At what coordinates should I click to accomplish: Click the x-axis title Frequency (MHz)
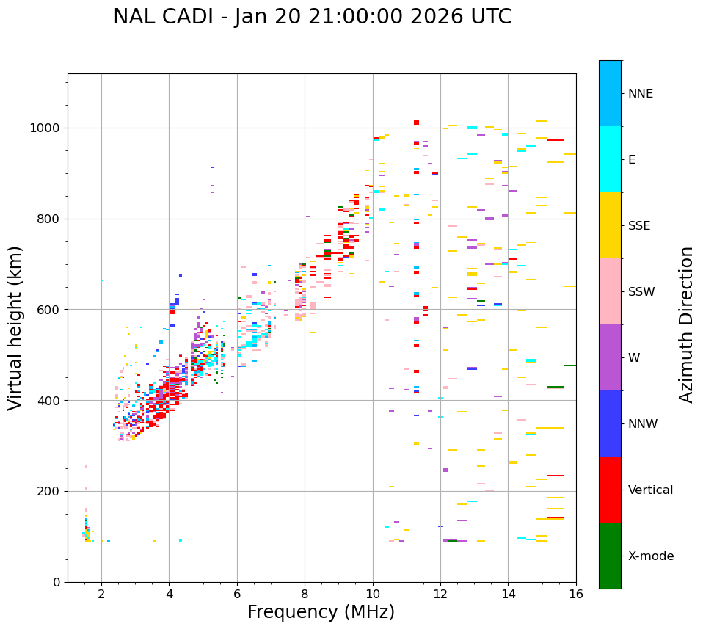coord(321,612)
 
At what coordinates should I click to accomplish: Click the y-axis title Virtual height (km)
coord(15,327)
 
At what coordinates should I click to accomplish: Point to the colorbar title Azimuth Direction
coord(686,324)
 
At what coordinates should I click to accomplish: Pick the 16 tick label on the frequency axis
coord(576,594)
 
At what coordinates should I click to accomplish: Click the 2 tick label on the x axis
coord(101,594)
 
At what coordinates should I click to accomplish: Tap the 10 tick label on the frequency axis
coord(373,594)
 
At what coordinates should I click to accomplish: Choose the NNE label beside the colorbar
coord(640,94)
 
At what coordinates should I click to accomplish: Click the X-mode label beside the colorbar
coord(651,556)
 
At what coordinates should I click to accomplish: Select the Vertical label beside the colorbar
coord(650,490)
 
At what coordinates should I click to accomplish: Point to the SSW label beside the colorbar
coord(641,292)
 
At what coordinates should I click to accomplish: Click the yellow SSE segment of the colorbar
coord(610,225)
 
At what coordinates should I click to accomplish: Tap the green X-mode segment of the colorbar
coord(610,556)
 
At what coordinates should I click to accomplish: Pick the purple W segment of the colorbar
coord(610,357)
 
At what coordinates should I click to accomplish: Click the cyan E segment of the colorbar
coord(610,159)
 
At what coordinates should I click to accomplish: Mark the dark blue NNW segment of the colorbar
coord(610,423)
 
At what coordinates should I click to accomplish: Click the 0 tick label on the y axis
coord(56,582)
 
